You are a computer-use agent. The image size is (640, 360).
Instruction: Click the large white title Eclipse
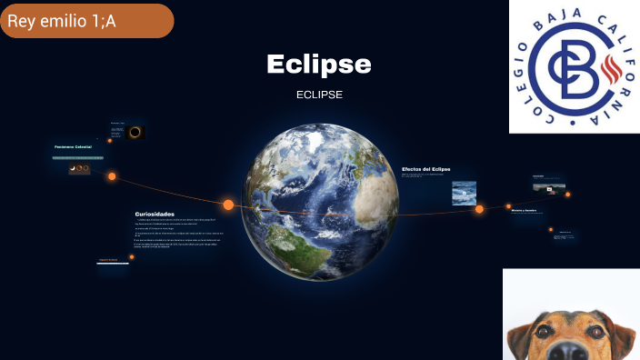coord(319,65)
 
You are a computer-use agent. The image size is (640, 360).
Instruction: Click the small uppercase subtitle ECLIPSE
coord(319,95)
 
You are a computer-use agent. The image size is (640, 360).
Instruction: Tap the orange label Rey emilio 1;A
coord(62,21)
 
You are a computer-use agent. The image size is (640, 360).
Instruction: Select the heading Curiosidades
coord(155,214)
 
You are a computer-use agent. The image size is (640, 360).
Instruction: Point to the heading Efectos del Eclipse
coord(426,169)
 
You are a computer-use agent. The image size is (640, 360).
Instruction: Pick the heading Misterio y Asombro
coord(525,210)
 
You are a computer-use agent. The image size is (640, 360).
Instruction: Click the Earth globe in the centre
coord(321,202)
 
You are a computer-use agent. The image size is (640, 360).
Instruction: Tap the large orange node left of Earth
coord(228,205)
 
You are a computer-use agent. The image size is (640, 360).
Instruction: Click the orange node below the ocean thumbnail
coord(479,209)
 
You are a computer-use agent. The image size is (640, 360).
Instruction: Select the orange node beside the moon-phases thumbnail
coord(112,176)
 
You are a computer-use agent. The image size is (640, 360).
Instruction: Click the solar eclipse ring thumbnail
coord(135,132)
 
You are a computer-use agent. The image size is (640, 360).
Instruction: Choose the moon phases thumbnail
coord(79,168)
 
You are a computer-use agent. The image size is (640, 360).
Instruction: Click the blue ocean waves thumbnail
coord(464,192)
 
